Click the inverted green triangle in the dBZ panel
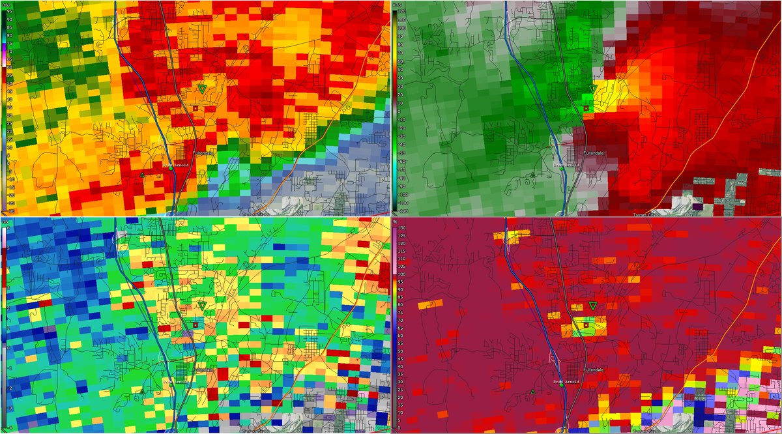202,88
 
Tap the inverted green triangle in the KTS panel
592,88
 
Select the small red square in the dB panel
195,325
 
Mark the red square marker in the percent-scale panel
585,325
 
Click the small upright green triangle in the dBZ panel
142,175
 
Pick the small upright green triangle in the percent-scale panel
533,392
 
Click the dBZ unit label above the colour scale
6,4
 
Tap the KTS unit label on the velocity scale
397,4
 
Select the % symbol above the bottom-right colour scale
397,222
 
